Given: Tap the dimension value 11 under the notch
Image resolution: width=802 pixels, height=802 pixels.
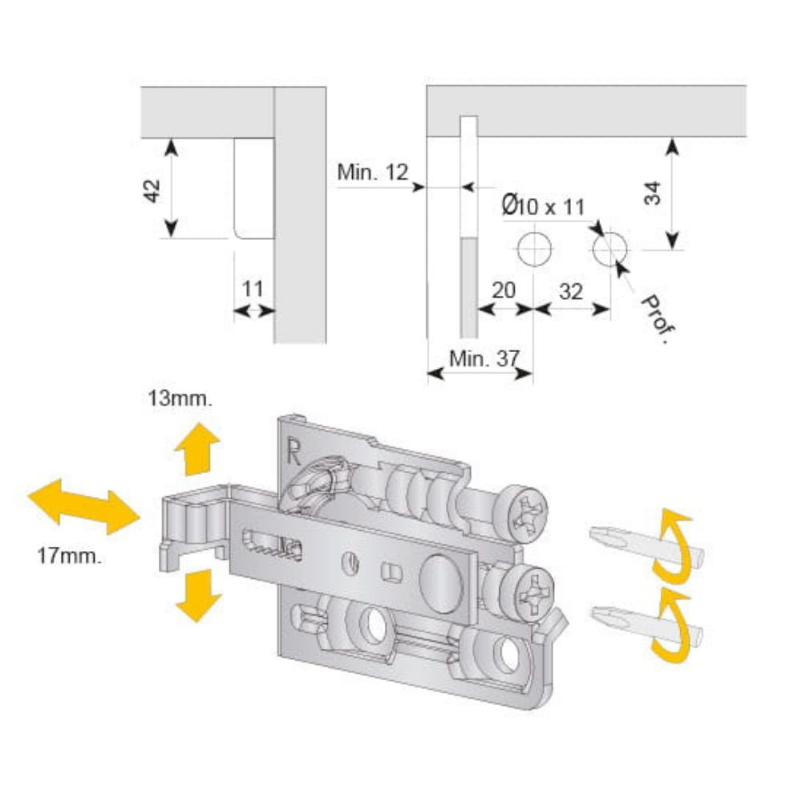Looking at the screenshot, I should [253, 289].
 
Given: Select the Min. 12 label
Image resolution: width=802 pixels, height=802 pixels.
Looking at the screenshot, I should [372, 172].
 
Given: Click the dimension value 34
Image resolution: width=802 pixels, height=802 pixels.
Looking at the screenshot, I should [653, 194].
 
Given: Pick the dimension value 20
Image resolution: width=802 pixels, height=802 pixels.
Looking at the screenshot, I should [503, 291].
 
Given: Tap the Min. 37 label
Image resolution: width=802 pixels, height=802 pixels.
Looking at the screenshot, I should [481, 358].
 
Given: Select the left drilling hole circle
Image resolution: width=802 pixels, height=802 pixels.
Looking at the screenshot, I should [533, 249].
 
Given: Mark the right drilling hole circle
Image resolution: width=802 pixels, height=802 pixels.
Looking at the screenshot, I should [611, 249].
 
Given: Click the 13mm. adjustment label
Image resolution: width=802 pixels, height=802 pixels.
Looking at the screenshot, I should [180, 399].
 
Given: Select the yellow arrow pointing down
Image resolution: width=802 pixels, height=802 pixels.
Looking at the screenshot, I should [197, 594].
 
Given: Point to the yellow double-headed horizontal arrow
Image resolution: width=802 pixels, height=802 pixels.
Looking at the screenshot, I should [83, 506].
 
